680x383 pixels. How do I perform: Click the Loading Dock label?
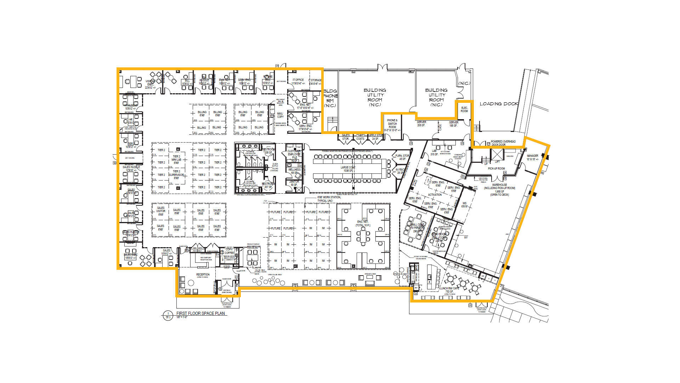tap(499, 104)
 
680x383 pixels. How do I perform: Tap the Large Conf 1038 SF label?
tap(348, 169)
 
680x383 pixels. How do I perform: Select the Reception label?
tap(203, 275)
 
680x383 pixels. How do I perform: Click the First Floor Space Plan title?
tap(200, 313)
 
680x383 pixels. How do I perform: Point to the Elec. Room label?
tap(464, 109)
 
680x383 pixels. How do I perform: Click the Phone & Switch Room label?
tap(392, 124)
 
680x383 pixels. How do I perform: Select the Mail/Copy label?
tap(280, 115)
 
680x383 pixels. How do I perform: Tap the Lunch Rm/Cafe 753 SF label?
tap(449, 290)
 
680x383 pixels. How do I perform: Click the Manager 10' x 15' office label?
tap(532, 157)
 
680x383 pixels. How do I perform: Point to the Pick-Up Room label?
tap(496, 169)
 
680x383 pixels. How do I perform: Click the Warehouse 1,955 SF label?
tap(499, 188)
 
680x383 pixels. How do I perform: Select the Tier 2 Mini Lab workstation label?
tap(176, 160)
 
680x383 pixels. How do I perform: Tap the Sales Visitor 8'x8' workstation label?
tap(160, 211)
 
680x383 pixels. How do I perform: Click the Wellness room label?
tap(294, 171)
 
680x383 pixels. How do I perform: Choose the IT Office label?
tap(298, 82)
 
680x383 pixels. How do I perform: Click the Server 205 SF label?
tap(421, 123)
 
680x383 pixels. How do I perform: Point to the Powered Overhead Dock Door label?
tap(503, 143)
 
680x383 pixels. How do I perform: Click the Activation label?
tap(435, 195)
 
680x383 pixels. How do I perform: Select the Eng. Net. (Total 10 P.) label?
tap(363, 223)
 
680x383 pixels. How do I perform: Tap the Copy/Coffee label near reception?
tap(229, 251)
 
